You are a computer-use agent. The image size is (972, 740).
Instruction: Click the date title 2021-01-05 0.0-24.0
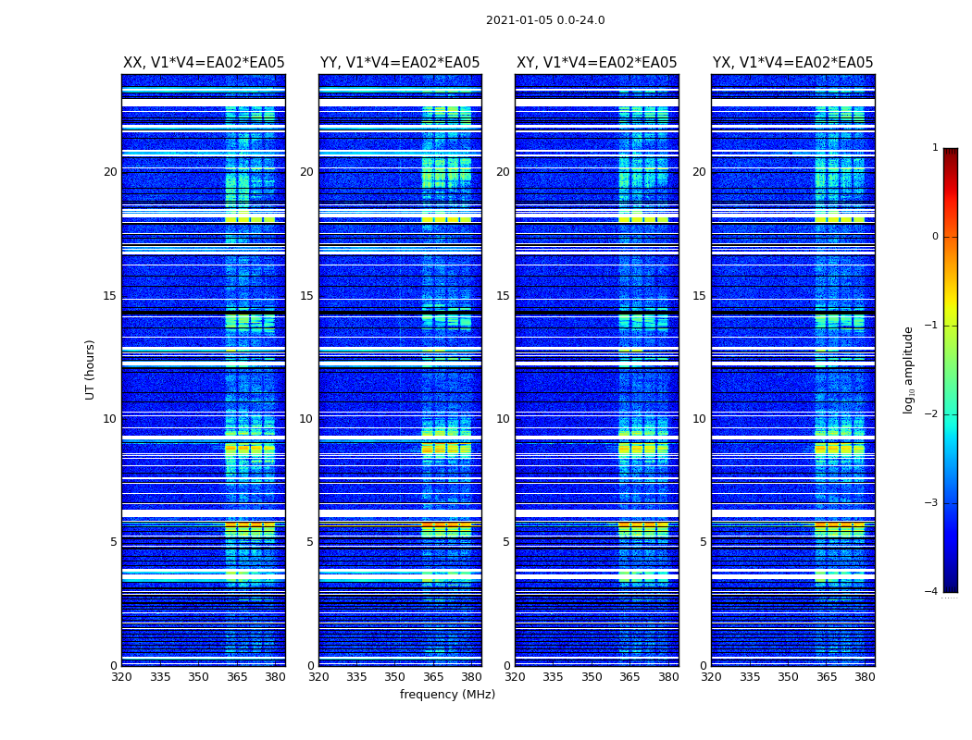pyautogui.click(x=545, y=20)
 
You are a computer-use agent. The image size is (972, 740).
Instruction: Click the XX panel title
pyautogui.click(x=204, y=63)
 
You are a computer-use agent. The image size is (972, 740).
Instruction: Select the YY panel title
pyautogui.click(x=400, y=63)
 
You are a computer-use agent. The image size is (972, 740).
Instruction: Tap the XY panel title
pyautogui.click(x=596, y=63)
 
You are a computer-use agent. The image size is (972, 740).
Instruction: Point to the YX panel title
pyautogui.click(x=792, y=63)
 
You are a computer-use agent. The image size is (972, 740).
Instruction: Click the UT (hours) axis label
pyautogui.click(x=91, y=369)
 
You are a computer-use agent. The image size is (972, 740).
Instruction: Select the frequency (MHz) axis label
pyautogui.click(x=447, y=695)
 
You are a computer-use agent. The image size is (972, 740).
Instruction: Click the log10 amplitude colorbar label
pyautogui.click(x=909, y=369)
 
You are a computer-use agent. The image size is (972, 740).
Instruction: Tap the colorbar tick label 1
pyautogui.click(x=935, y=148)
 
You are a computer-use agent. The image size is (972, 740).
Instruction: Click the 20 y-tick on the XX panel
pyautogui.click(x=110, y=172)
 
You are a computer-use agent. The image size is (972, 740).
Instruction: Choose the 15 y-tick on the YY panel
pyautogui.click(x=306, y=296)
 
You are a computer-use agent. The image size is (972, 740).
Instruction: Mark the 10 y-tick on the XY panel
pyautogui.click(x=503, y=419)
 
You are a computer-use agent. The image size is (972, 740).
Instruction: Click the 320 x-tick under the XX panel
pyautogui.click(x=121, y=677)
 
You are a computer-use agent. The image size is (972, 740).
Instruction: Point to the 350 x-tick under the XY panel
pyautogui.click(x=592, y=677)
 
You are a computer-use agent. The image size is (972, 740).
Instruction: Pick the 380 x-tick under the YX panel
pyautogui.click(x=865, y=677)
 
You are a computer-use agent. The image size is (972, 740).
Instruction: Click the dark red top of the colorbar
pyautogui.click(x=950, y=153)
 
